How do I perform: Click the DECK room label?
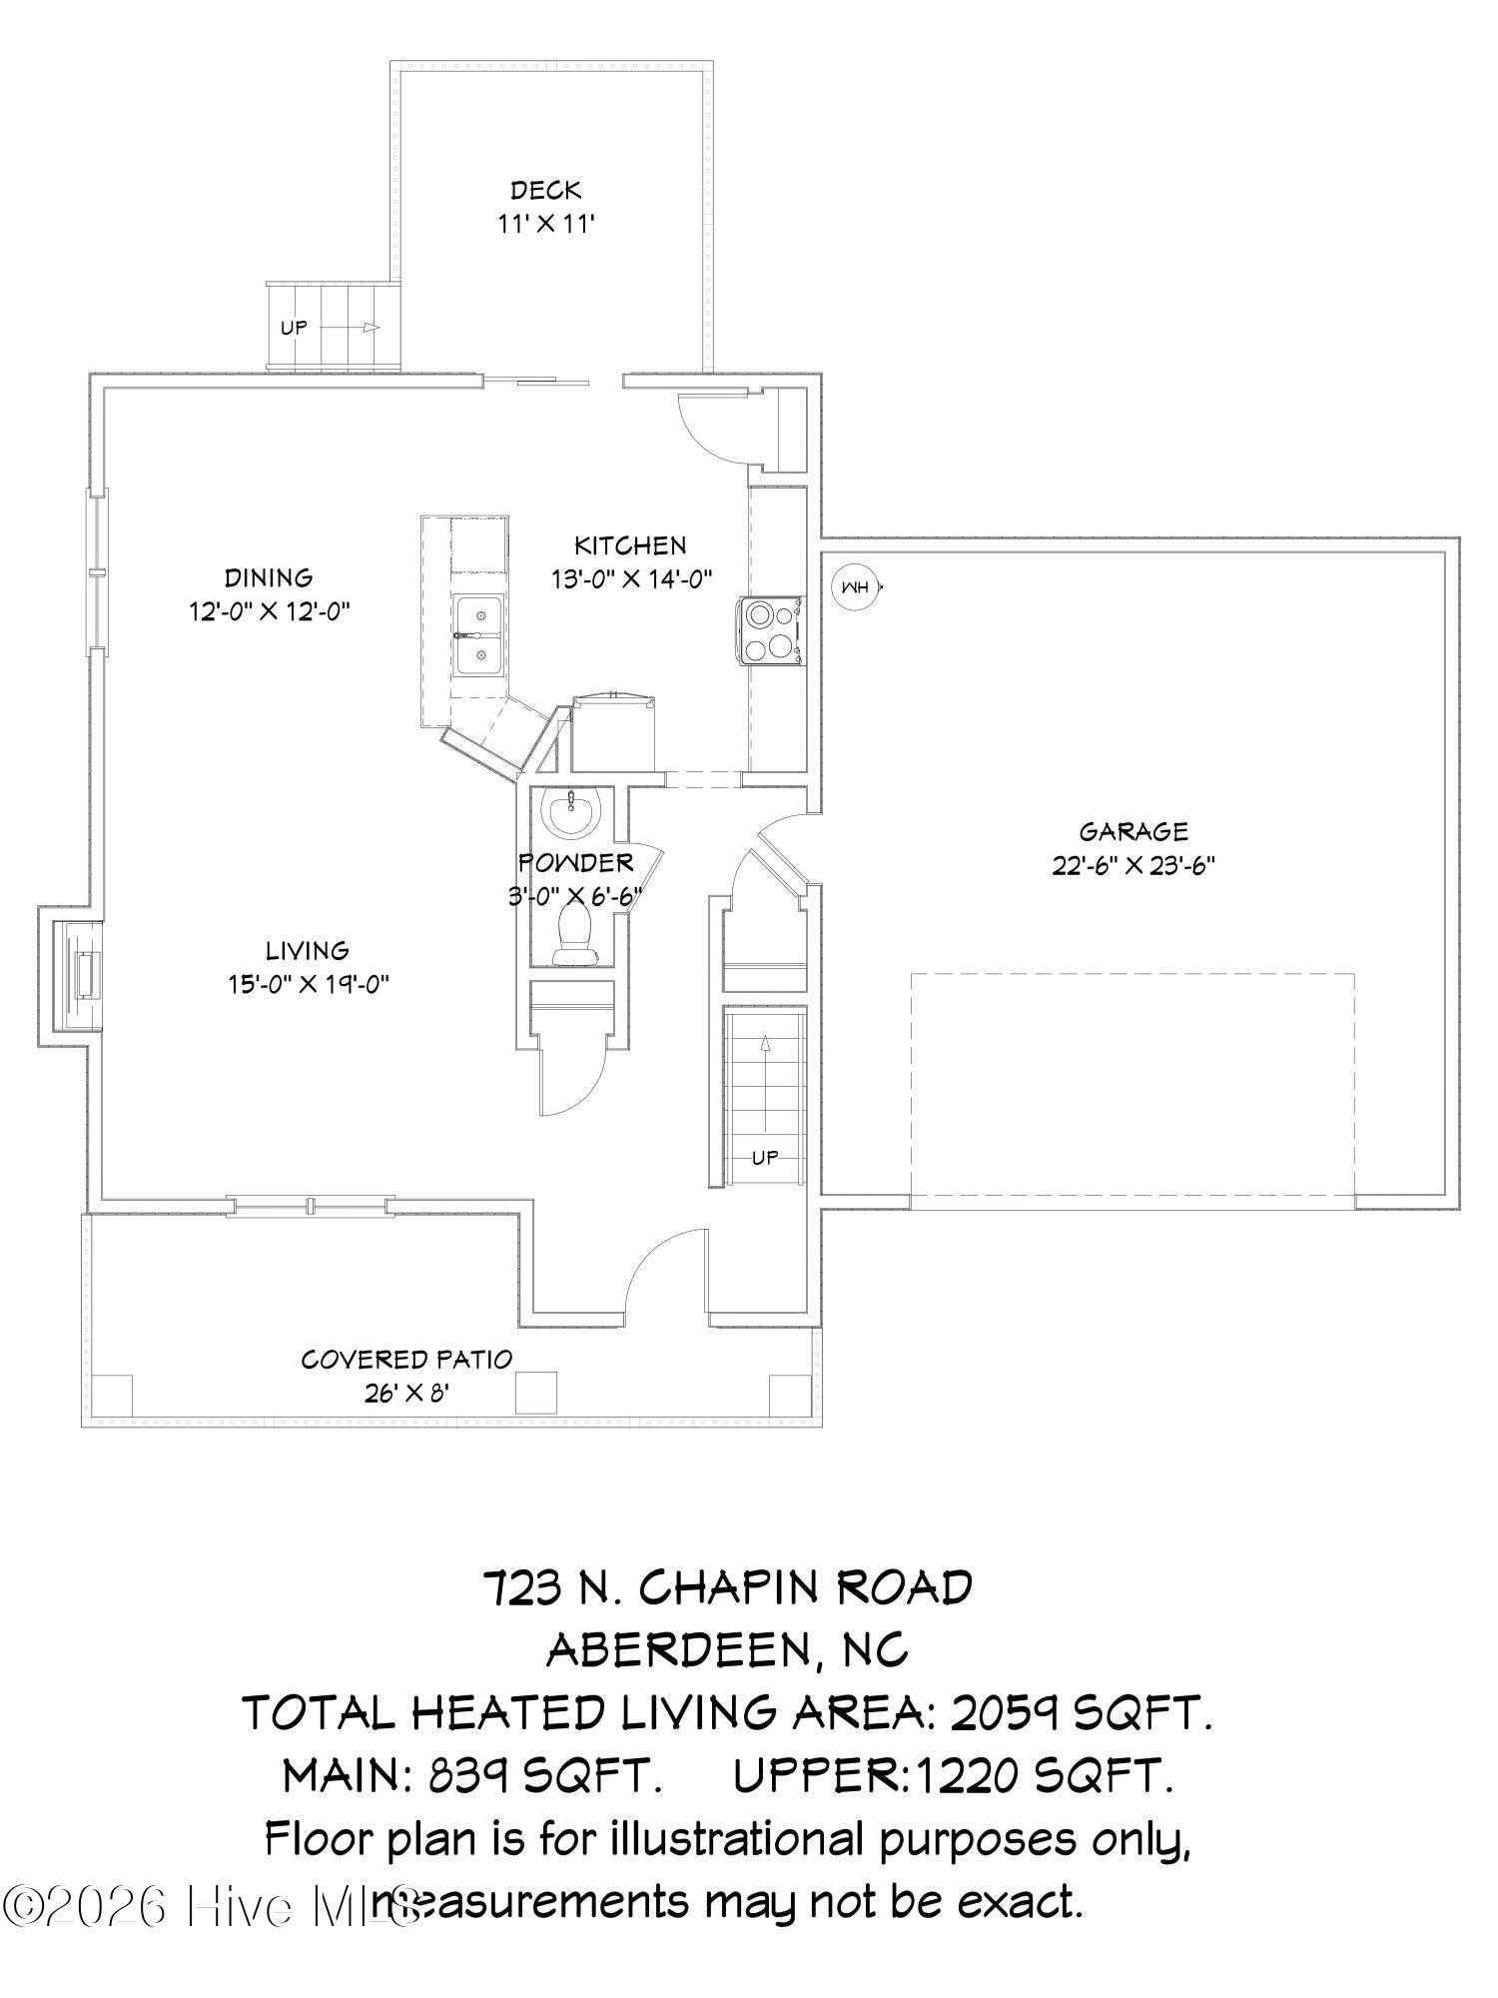tap(545, 190)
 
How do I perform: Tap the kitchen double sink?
tap(479, 636)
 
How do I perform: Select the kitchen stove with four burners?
tap(770, 630)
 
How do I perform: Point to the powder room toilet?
tap(574, 933)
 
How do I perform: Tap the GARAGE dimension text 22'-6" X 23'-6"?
tap(1132, 865)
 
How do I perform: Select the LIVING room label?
tap(307, 950)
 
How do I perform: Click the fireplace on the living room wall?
tap(84, 975)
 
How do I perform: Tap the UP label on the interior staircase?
tap(764, 1158)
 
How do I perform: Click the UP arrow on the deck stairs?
tap(371, 327)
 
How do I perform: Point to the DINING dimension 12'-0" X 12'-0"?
tap(269, 611)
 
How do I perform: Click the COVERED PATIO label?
tap(406, 1359)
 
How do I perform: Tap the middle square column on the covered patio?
tap(536, 1392)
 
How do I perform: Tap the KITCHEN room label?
tap(630, 545)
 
